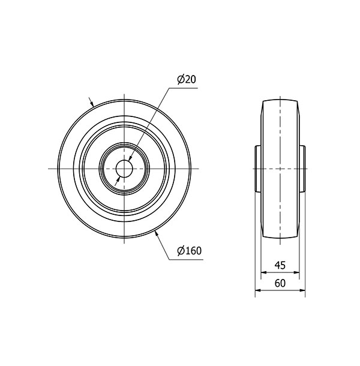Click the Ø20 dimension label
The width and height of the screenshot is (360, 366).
coord(187,80)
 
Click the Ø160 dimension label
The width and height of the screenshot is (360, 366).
coord(189,251)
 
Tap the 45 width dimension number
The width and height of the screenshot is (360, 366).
coord(280,265)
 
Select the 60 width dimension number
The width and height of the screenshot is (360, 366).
coord(280,283)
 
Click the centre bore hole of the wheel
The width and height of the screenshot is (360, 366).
coord(124,169)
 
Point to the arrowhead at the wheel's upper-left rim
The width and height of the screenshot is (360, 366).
coord(92,103)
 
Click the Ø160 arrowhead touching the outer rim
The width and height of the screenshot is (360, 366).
coord(157,233)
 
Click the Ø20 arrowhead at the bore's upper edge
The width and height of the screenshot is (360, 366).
coord(130,158)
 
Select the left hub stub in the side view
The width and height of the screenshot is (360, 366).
coord(258,169)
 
